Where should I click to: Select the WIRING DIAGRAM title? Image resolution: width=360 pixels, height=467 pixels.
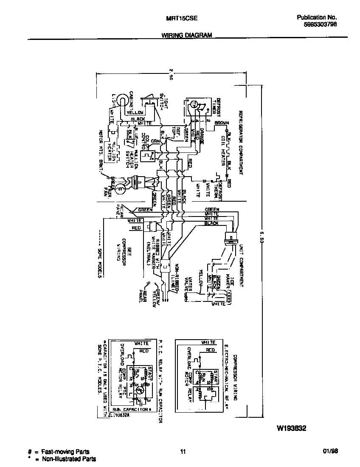(187, 36)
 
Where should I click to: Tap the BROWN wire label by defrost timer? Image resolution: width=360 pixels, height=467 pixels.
(221, 123)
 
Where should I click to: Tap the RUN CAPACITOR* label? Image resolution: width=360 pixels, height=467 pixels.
(133, 409)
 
